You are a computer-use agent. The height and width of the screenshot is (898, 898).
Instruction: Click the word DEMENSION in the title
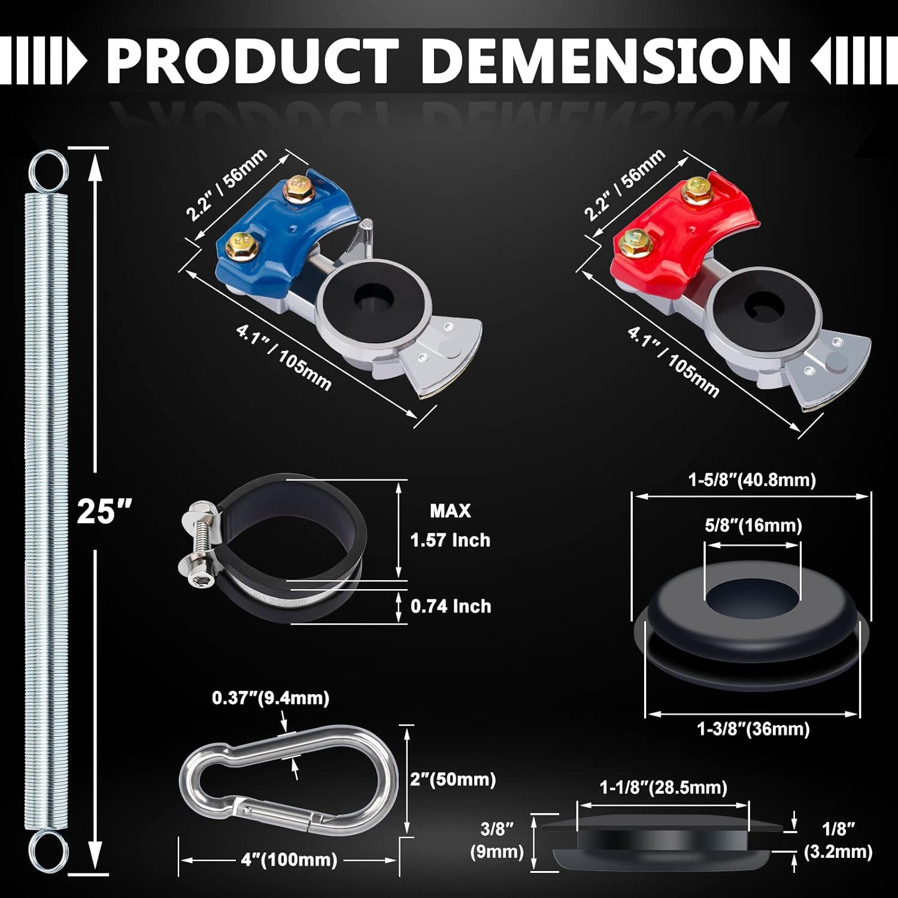pyautogui.click(x=606, y=61)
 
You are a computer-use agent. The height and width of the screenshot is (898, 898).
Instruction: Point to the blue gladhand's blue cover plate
pyautogui.click(x=281, y=233)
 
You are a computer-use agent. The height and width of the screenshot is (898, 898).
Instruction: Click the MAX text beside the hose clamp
pyautogui.click(x=450, y=511)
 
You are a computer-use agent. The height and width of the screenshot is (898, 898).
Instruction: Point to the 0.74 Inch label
pyautogui.click(x=450, y=606)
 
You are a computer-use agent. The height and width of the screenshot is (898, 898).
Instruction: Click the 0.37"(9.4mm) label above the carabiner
pyautogui.click(x=271, y=698)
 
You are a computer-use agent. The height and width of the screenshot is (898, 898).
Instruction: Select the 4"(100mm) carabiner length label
pyautogui.click(x=289, y=860)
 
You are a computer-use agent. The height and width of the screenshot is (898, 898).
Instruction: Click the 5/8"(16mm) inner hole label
pyautogui.click(x=753, y=526)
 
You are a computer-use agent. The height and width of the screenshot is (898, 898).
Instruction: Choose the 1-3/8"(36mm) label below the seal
pyautogui.click(x=753, y=729)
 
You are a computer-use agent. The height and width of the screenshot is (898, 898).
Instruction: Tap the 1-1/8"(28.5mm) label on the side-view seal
pyautogui.click(x=663, y=787)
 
